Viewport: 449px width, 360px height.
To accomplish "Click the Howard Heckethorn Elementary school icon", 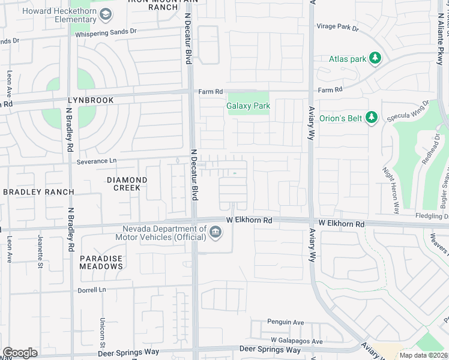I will tap(106, 14).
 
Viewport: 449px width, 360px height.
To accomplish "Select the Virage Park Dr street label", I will tap(338, 28).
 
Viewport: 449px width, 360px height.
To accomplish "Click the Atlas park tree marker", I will tap(375, 58).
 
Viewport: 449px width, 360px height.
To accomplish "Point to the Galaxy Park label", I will tap(248, 106).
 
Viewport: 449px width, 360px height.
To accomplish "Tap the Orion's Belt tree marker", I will tap(372, 118).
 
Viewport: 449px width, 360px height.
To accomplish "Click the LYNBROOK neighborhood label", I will tap(90, 101).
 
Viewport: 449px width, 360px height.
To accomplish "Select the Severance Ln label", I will tap(96, 161).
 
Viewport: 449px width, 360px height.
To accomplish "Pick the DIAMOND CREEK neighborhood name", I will tap(127, 184).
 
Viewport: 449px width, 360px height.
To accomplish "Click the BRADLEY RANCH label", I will tap(38, 192).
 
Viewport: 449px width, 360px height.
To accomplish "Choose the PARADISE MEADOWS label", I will tap(101, 262).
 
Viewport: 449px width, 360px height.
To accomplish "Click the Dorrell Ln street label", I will tap(91, 289).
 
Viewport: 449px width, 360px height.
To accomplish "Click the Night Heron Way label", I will tap(391, 191).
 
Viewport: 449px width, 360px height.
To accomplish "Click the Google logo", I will tap(20, 353).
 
